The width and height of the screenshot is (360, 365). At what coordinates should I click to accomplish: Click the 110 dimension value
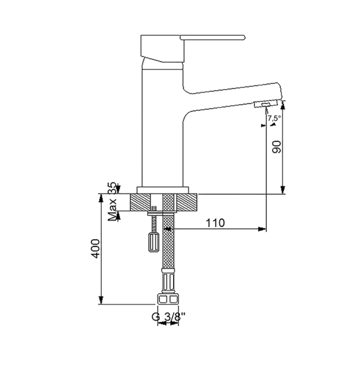pos(215,223)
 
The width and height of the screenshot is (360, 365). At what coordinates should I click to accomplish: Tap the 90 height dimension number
pos(277,147)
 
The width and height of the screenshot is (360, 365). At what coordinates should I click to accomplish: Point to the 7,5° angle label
pos(274,118)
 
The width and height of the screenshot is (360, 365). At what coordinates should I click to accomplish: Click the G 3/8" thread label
pos(169,317)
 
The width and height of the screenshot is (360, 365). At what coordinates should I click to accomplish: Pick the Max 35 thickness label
pos(112,201)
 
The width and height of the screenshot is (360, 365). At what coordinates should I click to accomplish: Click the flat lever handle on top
pos(212,37)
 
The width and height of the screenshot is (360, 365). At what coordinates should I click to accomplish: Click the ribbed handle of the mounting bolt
pos(154,242)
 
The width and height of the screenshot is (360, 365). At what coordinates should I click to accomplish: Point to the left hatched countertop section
pos(140,202)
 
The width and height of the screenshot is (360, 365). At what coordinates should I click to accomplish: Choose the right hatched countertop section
pos(187,202)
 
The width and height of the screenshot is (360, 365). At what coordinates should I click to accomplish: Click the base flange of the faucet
pos(163,190)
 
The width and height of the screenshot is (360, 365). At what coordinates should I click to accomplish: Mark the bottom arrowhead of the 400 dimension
pos(101,300)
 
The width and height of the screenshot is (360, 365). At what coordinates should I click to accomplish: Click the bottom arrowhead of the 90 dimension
pos(283,190)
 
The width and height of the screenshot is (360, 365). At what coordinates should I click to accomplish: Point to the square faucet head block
pos(163,49)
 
